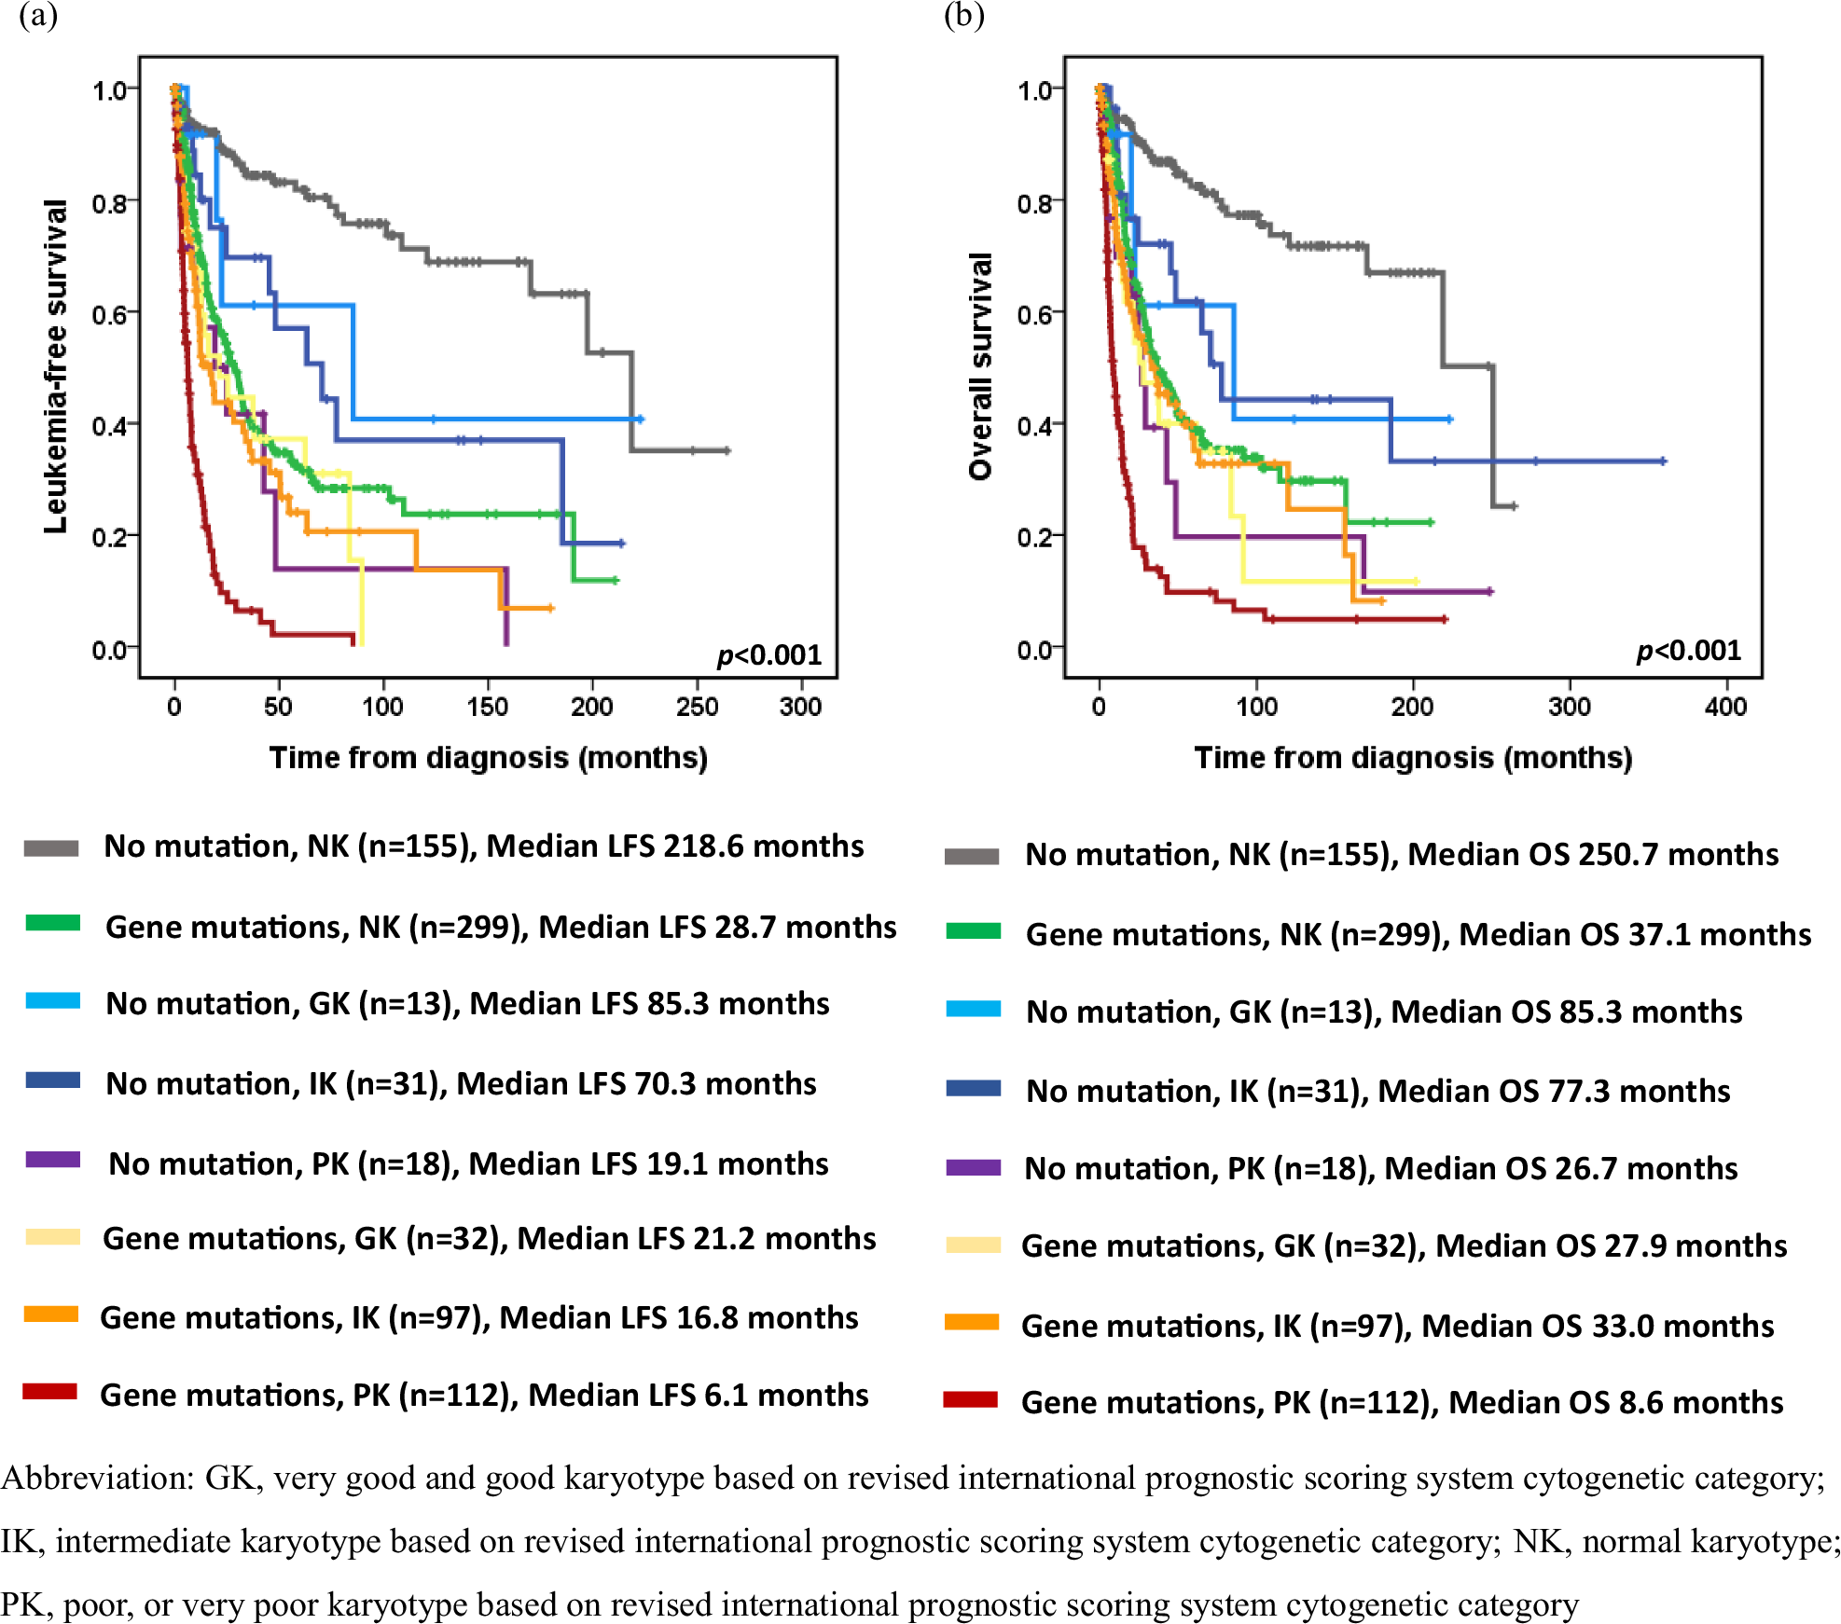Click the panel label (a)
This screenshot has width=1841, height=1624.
[x=38, y=16]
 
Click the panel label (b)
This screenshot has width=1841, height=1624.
[x=963, y=16]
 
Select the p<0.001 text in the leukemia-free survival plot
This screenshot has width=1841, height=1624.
[x=768, y=655]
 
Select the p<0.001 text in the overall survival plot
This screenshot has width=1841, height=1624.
[x=1688, y=651]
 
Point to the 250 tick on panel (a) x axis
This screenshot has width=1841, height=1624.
[x=697, y=706]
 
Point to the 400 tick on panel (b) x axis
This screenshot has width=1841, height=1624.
[x=1725, y=706]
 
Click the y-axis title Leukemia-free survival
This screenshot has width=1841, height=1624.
[x=56, y=366]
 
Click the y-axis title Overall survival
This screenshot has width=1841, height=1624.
[x=980, y=366]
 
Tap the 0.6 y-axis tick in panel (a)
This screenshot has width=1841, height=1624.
[x=109, y=314]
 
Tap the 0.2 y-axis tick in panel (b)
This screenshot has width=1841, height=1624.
[x=1034, y=538]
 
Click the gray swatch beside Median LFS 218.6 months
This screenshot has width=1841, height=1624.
[x=51, y=847]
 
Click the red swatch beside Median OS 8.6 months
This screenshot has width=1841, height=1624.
[x=971, y=1399]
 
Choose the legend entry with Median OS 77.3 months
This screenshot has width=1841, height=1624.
[x=1377, y=1091]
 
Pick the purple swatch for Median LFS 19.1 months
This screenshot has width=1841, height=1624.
[x=53, y=1161]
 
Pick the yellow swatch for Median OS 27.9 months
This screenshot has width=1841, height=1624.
[x=973, y=1245]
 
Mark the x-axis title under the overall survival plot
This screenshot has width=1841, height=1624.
[x=1413, y=758]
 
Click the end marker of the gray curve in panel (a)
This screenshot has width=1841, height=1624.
[x=727, y=450]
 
